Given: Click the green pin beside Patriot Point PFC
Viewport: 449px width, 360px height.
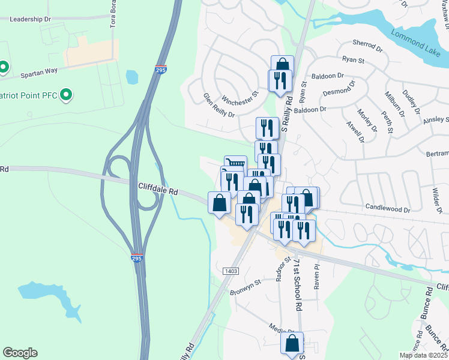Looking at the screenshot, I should tap(67, 94).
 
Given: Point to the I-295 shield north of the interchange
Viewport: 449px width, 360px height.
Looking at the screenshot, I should tap(161, 70).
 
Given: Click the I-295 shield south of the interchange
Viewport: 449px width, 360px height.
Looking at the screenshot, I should tap(137, 257).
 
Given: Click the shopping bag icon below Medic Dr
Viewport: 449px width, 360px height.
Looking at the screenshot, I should tap(292, 344).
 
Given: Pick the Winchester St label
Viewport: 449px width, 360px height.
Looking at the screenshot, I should tap(240, 98).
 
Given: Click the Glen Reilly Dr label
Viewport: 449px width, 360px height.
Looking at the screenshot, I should tap(218, 104).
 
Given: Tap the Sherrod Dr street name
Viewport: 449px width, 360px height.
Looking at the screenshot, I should tap(367, 46).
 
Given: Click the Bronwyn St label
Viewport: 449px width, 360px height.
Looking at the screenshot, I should tap(246, 287).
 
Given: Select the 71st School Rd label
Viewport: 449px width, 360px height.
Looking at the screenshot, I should tap(297, 284).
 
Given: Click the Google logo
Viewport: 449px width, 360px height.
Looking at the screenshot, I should tap(19, 353).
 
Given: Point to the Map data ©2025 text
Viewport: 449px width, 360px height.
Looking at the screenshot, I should tap(423, 355).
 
